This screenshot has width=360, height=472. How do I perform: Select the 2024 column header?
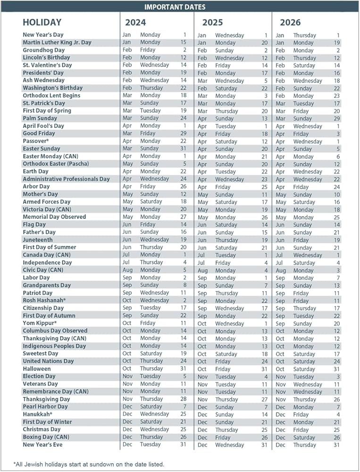click(135, 22)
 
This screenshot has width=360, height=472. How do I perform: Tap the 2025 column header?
click(213, 22)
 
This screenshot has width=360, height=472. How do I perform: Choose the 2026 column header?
click(290, 22)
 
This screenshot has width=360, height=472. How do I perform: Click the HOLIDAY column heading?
click(42, 22)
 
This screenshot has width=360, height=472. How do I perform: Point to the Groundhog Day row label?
click(44, 50)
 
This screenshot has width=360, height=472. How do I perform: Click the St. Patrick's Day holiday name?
click(44, 103)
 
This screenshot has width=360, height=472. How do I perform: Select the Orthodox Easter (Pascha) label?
click(56, 164)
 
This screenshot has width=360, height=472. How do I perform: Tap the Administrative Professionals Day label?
click(66, 179)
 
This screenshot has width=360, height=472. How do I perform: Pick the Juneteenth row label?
click(38, 240)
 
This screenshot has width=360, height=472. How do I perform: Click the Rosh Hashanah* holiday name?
click(44, 300)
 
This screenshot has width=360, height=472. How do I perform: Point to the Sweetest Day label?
click(41, 354)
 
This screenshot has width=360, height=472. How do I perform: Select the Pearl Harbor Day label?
click(45, 406)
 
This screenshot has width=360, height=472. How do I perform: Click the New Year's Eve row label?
click(42, 445)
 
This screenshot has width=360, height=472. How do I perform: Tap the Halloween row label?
click(37, 369)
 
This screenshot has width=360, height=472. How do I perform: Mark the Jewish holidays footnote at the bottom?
click(89, 464)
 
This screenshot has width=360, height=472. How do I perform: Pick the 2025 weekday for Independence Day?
click(223, 262)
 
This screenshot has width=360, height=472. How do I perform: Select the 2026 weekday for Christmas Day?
click(301, 430)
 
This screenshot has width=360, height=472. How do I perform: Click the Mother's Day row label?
click(41, 194)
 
